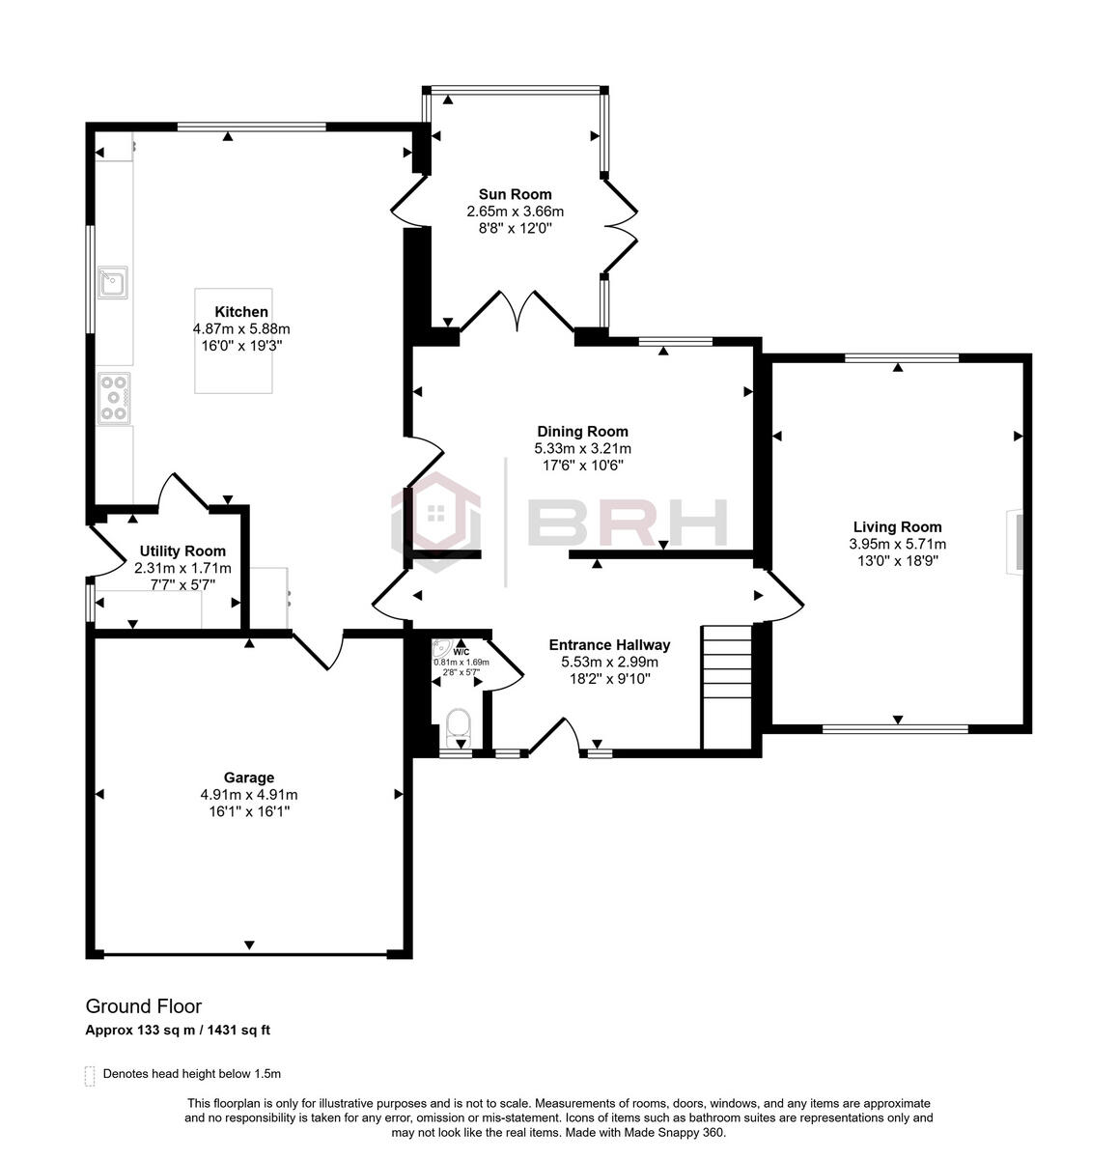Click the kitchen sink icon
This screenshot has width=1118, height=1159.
112,282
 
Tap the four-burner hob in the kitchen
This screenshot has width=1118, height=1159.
113,397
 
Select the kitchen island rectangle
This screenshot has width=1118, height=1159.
235,340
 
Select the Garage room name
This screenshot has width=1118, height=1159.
249,777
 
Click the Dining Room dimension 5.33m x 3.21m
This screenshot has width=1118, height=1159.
582,448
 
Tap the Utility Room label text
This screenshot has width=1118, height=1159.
169,551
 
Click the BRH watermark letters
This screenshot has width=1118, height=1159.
628,523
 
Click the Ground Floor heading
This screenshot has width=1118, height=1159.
143,1007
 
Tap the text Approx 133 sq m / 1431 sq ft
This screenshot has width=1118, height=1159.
178,1030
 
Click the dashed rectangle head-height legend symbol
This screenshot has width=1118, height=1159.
90,1076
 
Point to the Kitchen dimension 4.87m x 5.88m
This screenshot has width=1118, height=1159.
241,328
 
